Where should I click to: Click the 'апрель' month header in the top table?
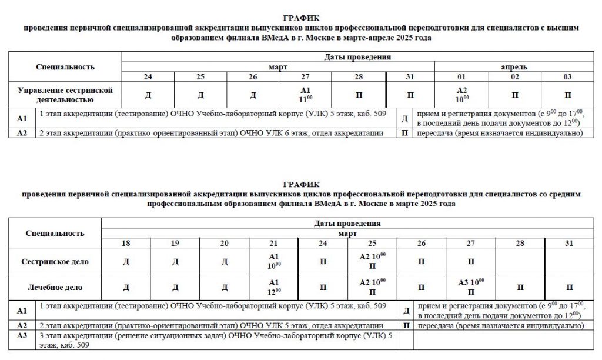pyautogui.click(x=514, y=67)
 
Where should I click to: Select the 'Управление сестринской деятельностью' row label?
pyautogui.click(x=65, y=95)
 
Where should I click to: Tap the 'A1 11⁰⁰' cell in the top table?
pyautogui.click(x=305, y=94)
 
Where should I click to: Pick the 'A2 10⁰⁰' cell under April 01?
pyautogui.click(x=461, y=94)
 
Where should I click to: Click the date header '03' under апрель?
pyautogui.click(x=567, y=77)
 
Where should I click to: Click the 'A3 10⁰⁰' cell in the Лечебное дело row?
pyautogui.click(x=470, y=288)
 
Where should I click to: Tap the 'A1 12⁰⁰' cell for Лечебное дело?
pyautogui.click(x=273, y=288)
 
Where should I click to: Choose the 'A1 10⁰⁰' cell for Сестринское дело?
pyautogui.click(x=273, y=261)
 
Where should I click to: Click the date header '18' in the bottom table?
pyautogui.click(x=126, y=243)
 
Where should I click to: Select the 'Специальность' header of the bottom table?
pyautogui.click(x=55, y=233)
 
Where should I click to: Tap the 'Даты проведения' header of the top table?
pyautogui.click(x=357, y=57)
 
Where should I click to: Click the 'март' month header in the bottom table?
pyautogui.click(x=347, y=233)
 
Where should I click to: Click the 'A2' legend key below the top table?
pyautogui.click(x=22, y=133)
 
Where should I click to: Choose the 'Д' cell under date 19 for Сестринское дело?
pyautogui.click(x=175, y=261)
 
